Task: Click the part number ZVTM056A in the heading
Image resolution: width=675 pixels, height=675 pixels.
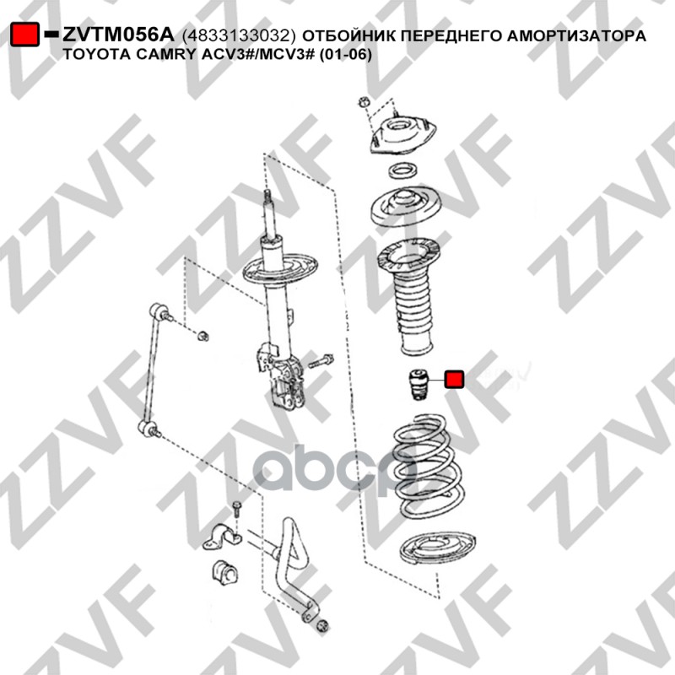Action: [118, 35]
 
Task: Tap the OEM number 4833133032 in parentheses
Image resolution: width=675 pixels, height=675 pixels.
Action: [240, 35]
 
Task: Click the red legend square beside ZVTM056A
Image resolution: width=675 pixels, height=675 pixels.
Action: [24, 34]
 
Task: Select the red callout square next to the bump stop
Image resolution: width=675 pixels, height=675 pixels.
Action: [454, 380]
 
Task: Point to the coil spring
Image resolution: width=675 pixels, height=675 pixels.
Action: [429, 466]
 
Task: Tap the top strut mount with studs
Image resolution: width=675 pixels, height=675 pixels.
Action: [402, 134]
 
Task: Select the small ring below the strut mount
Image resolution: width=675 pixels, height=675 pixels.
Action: [402, 170]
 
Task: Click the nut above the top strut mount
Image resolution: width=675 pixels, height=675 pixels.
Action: [364, 102]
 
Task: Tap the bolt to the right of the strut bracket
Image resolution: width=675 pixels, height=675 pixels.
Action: [321, 362]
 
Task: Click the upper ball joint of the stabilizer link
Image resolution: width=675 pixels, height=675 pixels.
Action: [160, 311]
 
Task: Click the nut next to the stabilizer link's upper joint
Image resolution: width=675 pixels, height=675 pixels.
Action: [202, 335]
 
